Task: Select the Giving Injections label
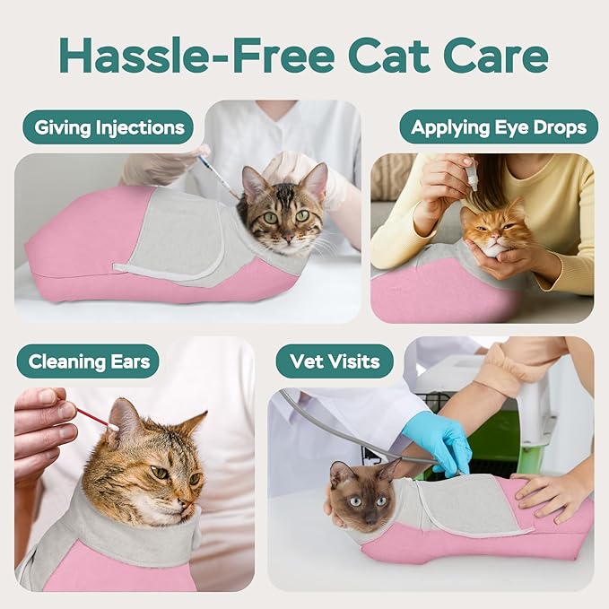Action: [x=109, y=127]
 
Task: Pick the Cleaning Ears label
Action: [x=88, y=362]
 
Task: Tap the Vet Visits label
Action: [x=335, y=362]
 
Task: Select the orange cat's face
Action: [x=498, y=231]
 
